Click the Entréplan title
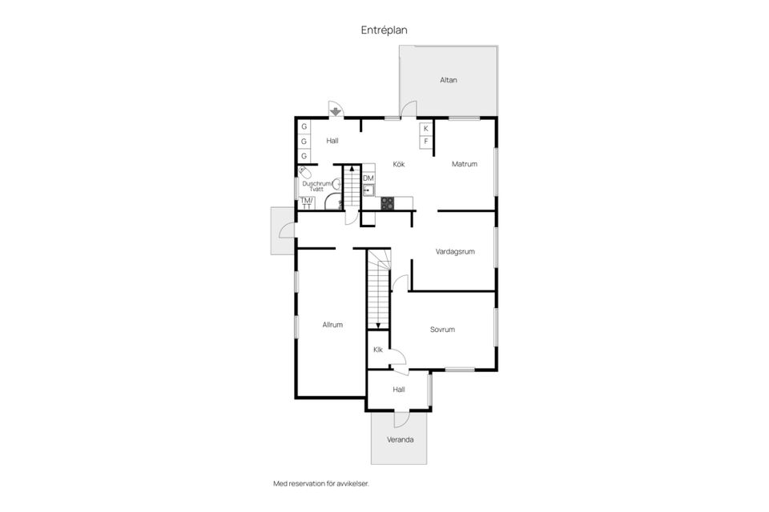(x=384, y=30)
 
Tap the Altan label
(x=449, y=80)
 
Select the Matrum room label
(x=465, y=164)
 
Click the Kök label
(x=399, y=164)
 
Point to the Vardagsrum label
(x=455, y=252)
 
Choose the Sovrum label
(x=442, y=330)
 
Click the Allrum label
(x=332, y=324)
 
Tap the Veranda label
(x=401, y=440)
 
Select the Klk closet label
(x=377, y=350)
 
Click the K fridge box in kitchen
(x=425, y=128)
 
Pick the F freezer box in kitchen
(x=425, y=142)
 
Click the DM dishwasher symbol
(x=368, y=178)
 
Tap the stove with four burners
(x=388, y=203)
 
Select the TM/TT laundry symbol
(x=307, y=203)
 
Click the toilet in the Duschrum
(x=304, y=173)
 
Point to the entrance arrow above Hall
(x=336, y=112)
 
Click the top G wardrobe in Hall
(x=304, y=127)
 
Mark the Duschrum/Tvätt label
(x=317, y=186)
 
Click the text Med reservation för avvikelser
(x=321, y=483)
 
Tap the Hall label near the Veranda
(x=399, y=390)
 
